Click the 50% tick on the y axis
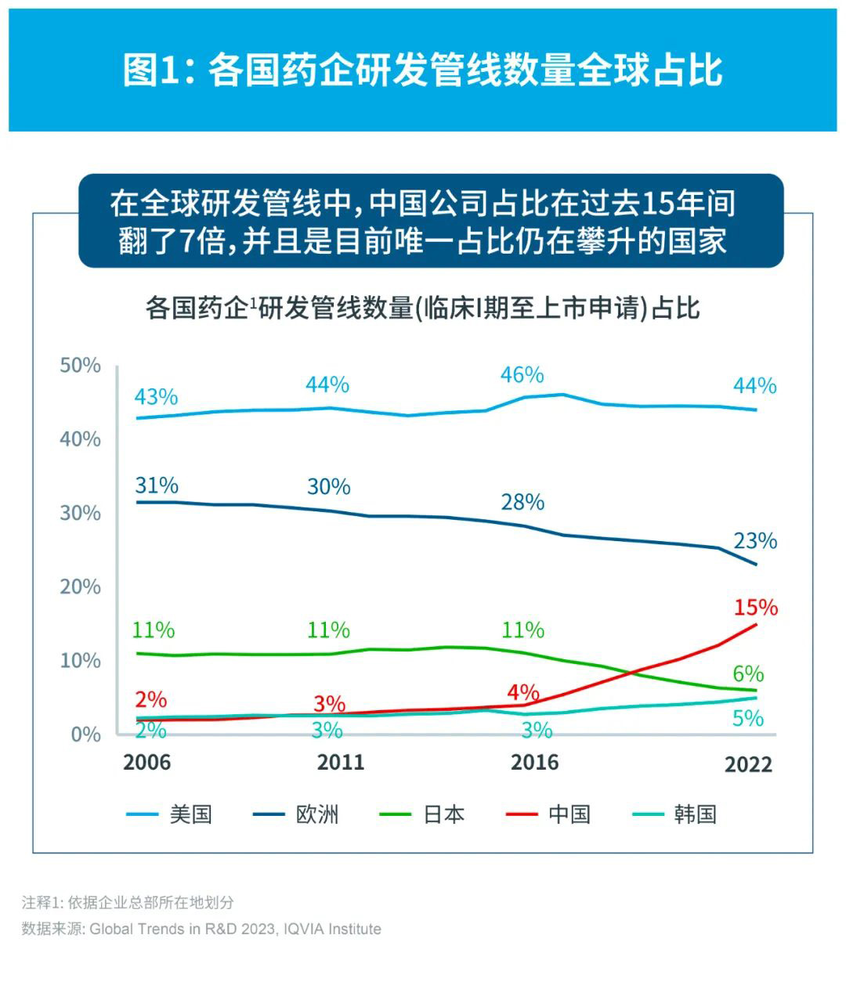(81, 365)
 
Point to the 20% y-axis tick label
(81, 587)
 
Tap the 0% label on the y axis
(85, 735)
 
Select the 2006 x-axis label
(146, 762)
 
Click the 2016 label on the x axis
(534, 762)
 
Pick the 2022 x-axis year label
(748, 764)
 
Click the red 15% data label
(755, 607)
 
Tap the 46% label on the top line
(522, 375)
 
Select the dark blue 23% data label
(755, 540)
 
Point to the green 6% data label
(748, 673)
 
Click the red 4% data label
(523, 692)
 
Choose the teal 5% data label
(748, 718)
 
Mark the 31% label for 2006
(157, 485)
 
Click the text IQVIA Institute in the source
(333, 929)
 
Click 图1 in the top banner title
(153, 70)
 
